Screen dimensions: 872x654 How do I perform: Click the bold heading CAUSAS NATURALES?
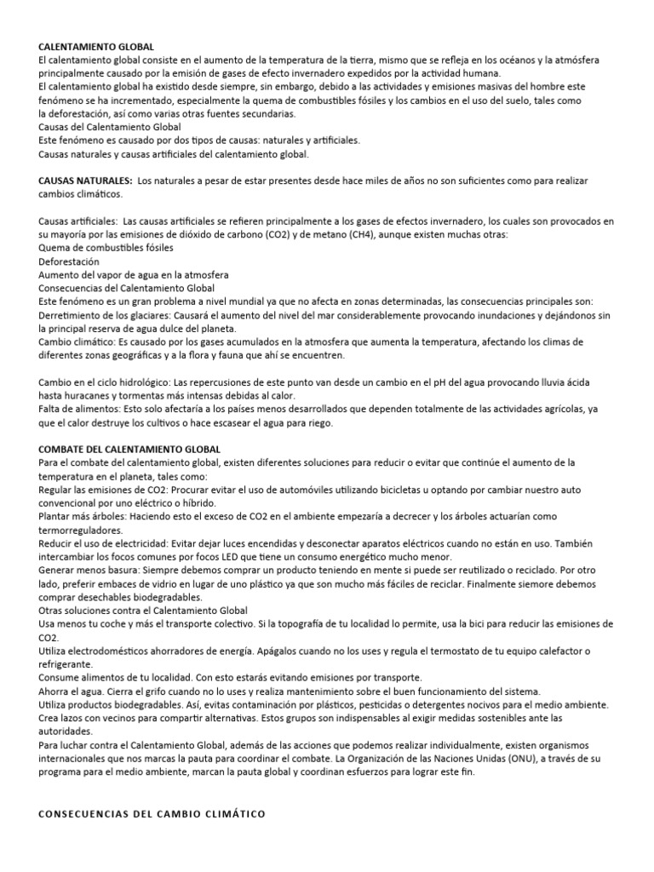(x=85, y=181)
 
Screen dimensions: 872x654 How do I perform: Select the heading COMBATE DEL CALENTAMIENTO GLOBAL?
(x=129, y=449)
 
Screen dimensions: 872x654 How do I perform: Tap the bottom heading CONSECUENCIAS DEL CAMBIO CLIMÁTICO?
(x=152, y=814)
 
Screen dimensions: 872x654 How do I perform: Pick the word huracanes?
(x=82, y=396)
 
